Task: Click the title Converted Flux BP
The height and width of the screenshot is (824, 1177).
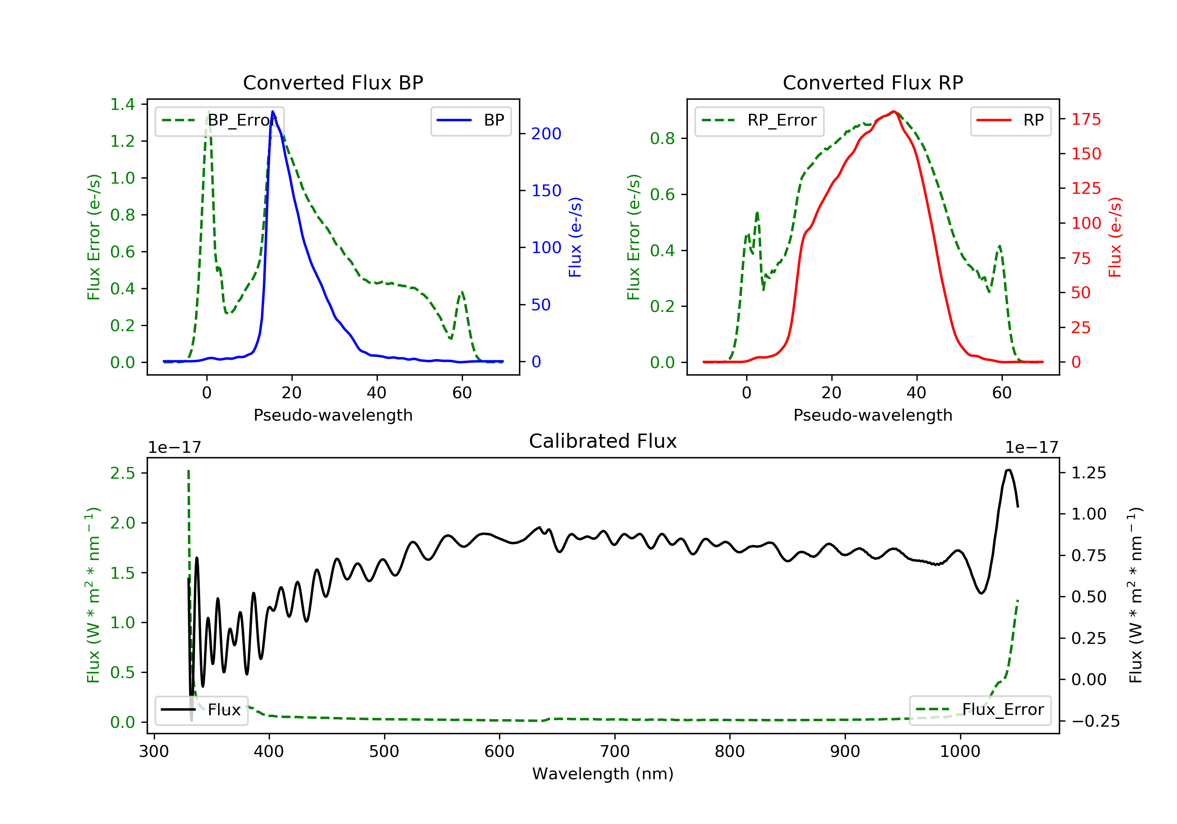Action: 333,82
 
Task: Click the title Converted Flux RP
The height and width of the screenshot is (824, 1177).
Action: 873,82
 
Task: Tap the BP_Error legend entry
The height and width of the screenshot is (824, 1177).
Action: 219,120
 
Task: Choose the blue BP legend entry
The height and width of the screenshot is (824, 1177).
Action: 470,120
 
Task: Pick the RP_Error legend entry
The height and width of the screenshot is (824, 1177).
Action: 759,120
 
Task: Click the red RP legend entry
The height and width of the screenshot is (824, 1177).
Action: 1010,120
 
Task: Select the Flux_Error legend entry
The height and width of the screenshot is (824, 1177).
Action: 980,710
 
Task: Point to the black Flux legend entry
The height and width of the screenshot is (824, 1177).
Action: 201,710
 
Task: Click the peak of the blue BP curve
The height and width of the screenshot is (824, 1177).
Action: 273,111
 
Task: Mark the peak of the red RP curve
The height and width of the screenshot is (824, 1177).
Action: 893,111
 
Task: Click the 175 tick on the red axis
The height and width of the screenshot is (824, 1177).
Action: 1086,119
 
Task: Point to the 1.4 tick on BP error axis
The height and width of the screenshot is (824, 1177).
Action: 122,105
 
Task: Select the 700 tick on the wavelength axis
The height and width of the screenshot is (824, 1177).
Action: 615,752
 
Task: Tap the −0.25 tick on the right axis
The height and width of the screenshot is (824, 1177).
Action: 1088,722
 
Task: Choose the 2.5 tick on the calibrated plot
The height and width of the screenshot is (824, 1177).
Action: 122,473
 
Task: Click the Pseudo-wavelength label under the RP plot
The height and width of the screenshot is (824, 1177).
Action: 873,415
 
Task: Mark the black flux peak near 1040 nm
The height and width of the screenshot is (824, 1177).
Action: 1008,470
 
